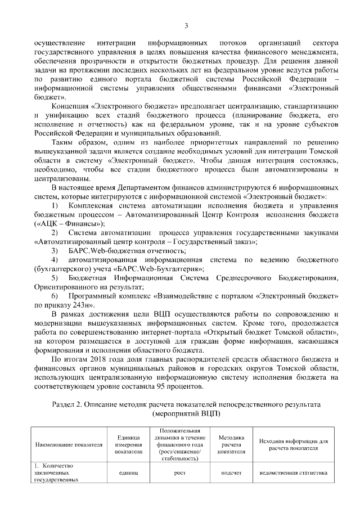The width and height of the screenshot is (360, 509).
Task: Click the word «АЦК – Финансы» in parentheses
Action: coord(69,223)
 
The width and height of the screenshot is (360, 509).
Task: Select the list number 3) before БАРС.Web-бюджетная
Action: coord(55,250)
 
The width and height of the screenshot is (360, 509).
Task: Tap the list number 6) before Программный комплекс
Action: coord(55,295)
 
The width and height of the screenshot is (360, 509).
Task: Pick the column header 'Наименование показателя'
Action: coord(69,444)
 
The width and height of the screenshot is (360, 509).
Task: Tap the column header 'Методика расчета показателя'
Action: coord(231,444)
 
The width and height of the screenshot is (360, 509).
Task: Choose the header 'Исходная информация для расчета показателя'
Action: coord(293,444)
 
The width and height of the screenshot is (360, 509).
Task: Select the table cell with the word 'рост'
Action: coord(180,472)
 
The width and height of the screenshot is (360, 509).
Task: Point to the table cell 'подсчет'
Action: coord(231,472)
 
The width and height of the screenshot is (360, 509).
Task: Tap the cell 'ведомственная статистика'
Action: coord(293,472)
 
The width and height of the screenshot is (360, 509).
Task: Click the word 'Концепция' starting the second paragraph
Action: coord(69,106)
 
